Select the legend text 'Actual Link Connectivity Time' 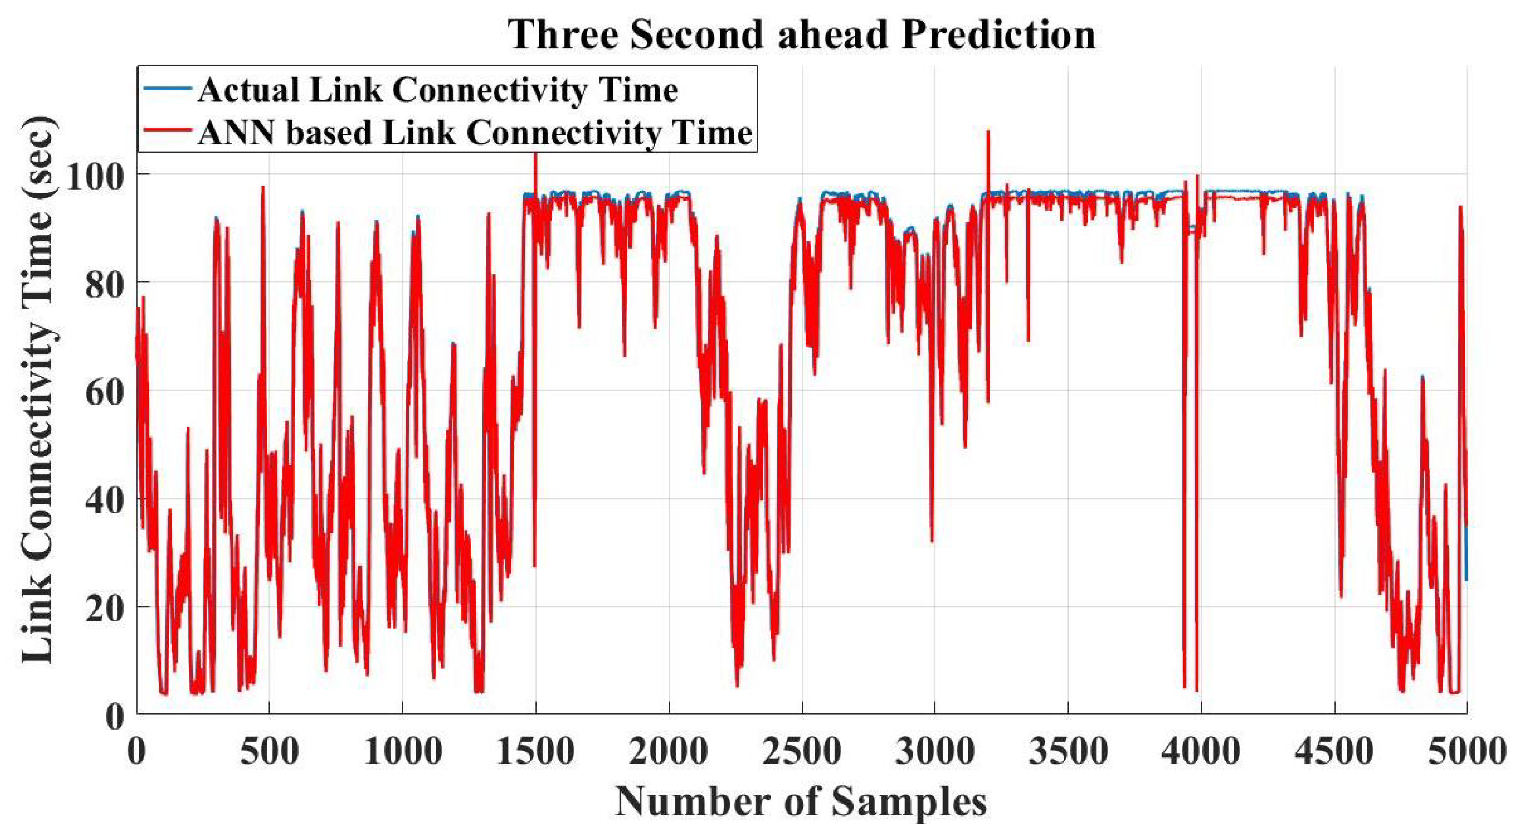(438, 90)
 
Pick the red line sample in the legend (167, 131)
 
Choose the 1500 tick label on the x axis (535, 752)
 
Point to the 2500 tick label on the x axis (802, 752)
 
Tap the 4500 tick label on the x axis (1334, 752)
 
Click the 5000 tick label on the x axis (1465, 752)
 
